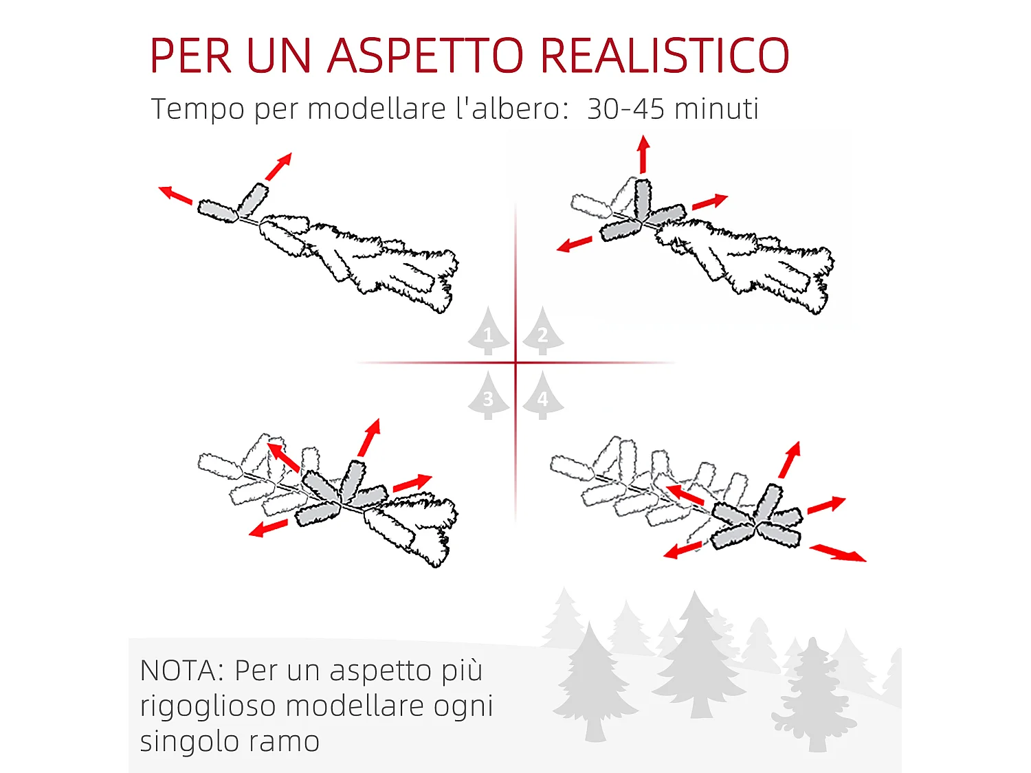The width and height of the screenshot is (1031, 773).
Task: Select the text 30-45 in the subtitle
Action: pos(625,109)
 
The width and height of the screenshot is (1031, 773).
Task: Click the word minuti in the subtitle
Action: pos(716,109)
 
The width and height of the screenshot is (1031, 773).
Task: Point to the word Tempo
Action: pos(197,109)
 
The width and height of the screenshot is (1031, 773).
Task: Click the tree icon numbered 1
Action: pos(488,331)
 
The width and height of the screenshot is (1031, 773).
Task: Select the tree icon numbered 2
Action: pos(542,331)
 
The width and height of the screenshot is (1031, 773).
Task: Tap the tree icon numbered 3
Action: pos(488,396)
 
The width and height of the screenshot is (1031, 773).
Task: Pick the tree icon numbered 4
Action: pos(542,396)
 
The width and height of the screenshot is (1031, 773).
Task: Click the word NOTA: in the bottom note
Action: pos(181,671)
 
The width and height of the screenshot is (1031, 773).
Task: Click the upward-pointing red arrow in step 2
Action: pos(643,155)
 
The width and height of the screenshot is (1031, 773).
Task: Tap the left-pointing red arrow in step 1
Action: pos(176,195)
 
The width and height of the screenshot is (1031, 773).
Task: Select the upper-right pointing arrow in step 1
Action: pos(278,166)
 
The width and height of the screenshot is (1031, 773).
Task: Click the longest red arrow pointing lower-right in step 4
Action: pos(838,552)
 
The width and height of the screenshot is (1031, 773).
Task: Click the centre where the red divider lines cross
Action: pos(515,362)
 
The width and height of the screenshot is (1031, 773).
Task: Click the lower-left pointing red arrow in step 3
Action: pos(268,528)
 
